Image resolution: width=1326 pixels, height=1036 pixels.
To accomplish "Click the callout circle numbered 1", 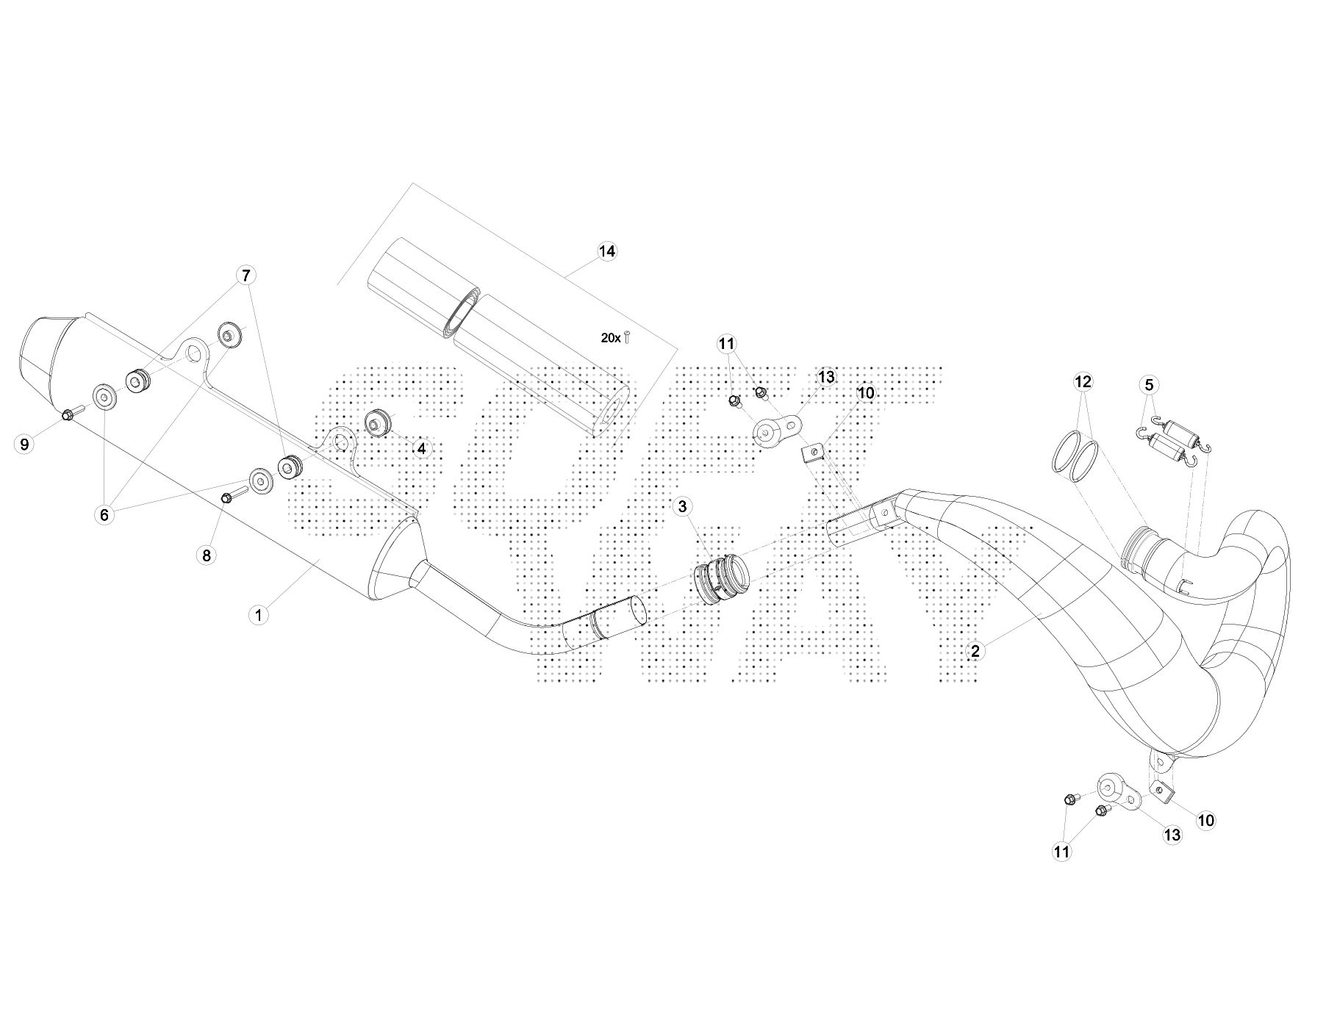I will [x=258, y=615].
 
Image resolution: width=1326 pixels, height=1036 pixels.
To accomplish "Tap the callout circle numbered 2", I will [x=975, y=650].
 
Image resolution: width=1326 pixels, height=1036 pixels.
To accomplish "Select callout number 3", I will [x=682, y=506].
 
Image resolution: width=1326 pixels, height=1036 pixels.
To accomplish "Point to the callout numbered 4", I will [x=421, y=447].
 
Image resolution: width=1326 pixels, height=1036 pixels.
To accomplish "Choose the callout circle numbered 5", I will [x=1149, y=384].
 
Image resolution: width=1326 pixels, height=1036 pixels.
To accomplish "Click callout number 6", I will [x=104, y=515].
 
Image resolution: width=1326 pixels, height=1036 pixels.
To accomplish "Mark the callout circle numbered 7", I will [x=246, y=276].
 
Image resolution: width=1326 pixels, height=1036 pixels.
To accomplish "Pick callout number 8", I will [x=207, y=555].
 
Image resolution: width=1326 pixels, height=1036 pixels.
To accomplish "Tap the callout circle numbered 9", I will [x=24, y=444].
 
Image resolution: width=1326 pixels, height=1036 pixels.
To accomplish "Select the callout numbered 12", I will [x=1083, y=381].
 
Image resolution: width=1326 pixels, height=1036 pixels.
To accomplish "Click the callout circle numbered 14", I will [x=606, y=251].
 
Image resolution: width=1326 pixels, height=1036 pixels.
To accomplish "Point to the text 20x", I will [x=610, y=338].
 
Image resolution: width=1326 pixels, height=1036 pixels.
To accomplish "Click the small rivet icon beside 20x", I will [x=627, y=338].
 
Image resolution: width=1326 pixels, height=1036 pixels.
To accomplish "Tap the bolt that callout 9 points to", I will [x=68, y=415].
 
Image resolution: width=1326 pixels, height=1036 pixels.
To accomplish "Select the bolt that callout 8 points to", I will [x=228, y=498].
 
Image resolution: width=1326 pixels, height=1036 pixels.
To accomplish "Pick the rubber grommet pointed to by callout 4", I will [x=378, y=424].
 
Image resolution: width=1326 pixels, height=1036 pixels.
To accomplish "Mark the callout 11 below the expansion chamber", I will [x=1061, y=852].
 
